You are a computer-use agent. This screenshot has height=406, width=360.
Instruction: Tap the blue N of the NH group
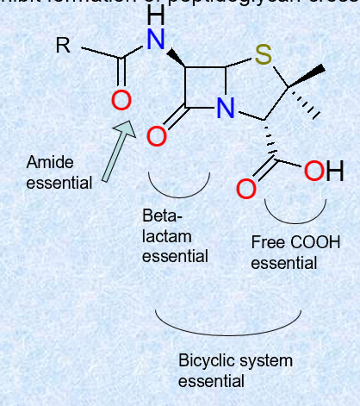tap(156, 39)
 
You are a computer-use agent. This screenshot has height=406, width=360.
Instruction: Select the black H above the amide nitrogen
tap(156, 15)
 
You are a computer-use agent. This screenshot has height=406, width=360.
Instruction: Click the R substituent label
tap(63, 45)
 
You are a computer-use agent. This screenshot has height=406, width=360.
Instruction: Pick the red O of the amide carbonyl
tap(121, 100)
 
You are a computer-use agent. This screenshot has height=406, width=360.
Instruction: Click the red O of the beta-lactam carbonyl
tap(157, 136)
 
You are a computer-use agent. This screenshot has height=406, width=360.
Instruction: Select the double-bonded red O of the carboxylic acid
tap(246, 189)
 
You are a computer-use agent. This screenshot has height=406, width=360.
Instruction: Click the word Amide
tap(50, 162)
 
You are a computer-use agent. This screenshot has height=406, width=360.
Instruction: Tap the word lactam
tap(166, 236)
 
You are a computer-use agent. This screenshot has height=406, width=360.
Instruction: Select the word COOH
tap(315, 242)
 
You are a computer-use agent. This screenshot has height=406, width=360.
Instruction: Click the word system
tap(269, 361)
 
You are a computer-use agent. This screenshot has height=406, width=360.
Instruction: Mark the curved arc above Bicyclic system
tap(228, 333)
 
